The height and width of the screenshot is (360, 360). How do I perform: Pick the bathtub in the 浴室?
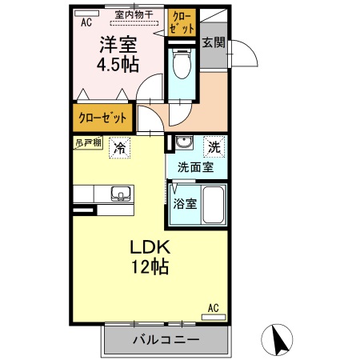[x=212, y=206]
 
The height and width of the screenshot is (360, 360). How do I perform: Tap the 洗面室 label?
[x=194, y=166]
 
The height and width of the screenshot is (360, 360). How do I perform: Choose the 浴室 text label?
[x=185, y=203]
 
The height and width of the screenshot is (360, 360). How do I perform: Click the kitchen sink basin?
[x=122, y=193]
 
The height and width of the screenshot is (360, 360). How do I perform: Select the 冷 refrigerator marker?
[x=119, y=147]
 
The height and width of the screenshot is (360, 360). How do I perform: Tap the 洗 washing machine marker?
[x=214, y=146]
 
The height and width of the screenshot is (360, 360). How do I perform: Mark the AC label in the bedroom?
[x=86, y=22]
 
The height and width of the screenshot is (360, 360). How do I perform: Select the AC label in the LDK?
[x=213, y=306]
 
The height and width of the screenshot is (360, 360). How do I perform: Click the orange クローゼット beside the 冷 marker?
[x=102, y=118]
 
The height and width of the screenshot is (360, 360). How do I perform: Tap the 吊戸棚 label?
[x=88, y=142]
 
